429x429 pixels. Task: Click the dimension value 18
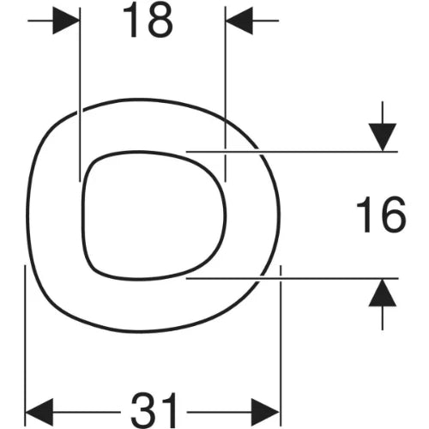tap(148, 21)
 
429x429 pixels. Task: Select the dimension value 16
tap(381, 214)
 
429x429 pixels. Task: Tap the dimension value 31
tap(154, 410)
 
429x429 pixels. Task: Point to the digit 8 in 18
tap(160, 21)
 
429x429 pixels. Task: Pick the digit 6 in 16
tap(394, 214)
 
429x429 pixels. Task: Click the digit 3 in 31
tap(143, 410)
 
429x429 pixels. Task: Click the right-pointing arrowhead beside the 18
tap(66, 21)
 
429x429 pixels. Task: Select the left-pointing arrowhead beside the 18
tap(239, 21)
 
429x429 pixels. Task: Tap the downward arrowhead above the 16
tap(383, 137)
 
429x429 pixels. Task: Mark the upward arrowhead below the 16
tap(383, 293)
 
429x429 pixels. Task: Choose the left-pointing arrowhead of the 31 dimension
tap(39, 412)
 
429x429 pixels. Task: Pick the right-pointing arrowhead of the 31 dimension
tap(265, 412)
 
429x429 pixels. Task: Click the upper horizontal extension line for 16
tap(292, 152)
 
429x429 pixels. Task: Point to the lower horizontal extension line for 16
tap(292, 278)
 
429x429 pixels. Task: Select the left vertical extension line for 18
tap(80, 94)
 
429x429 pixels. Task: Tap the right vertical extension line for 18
tap(226, 94)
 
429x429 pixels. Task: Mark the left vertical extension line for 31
tap(26, 346)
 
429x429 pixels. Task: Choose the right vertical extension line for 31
tap(281, 346)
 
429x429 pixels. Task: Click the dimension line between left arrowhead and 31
tap(87, 412)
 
